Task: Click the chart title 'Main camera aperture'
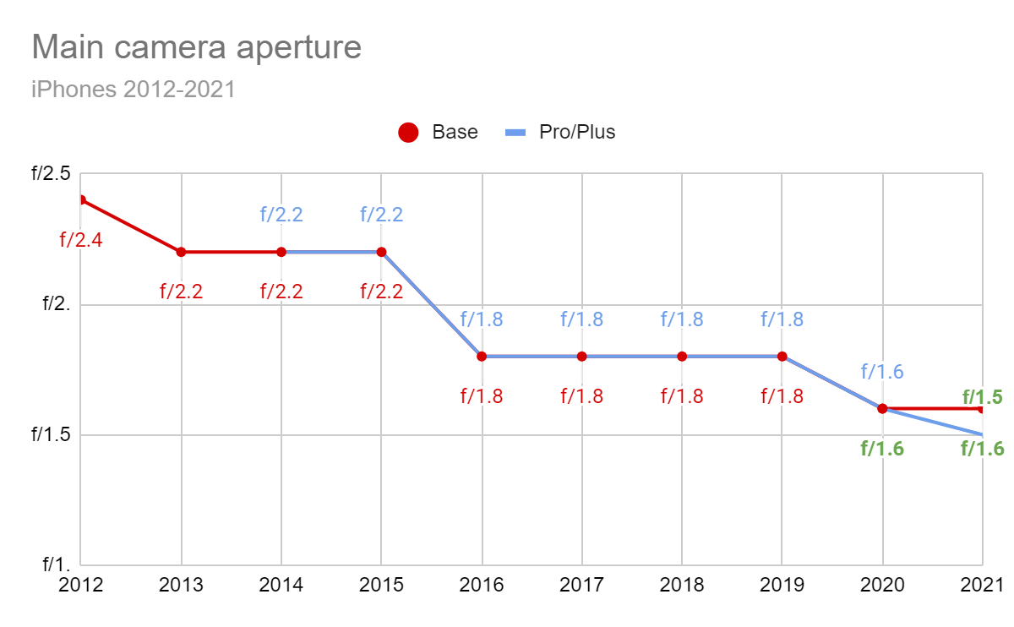[196, 47]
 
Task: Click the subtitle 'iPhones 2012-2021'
[133, 90]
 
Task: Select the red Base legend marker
[408, 133]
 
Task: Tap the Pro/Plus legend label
[577, 132]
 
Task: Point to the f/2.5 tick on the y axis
[52, 174]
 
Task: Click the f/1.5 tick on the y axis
[52, 434]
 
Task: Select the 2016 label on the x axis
[482, 585]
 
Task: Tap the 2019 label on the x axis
[782, 585]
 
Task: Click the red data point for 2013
[181, 252]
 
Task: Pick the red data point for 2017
[581, 357]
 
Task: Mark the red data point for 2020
[882, 409]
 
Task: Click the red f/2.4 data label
[81, 240]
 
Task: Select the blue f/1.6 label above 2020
[882, 372]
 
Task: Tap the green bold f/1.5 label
[982, 396]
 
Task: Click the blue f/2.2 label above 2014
[281, 215]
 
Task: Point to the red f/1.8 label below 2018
[682, 396]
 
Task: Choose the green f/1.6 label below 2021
[982, 449]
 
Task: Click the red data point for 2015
[381, 252]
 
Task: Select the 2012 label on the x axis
[81, 585]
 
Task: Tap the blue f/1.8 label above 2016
[482, 319]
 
